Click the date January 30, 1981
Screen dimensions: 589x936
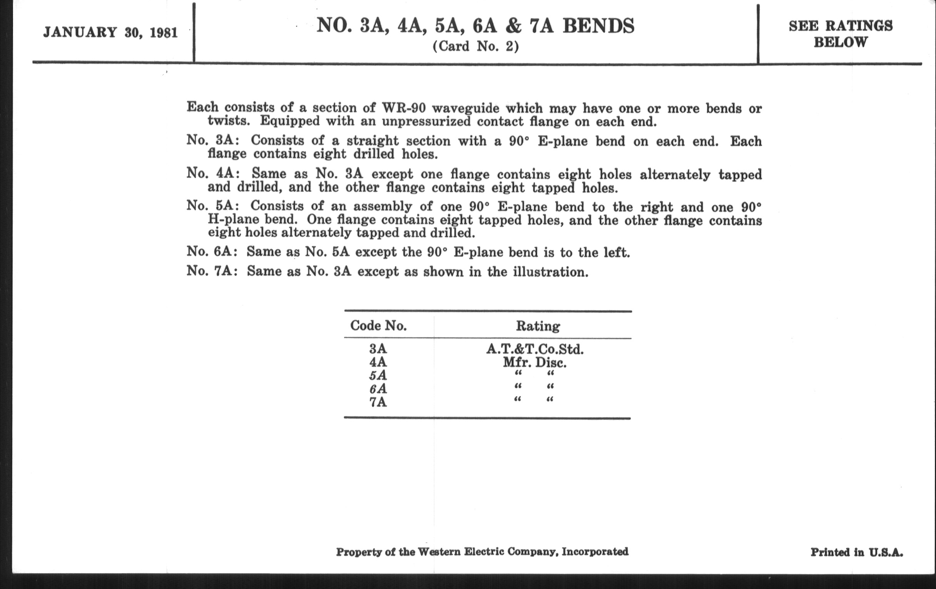coord(110,33)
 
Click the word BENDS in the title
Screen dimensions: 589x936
coord(598,27)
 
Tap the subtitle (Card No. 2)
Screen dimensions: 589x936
coord(475,47)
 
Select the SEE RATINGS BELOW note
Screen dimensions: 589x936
coord(841,34)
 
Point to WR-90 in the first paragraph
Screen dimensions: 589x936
coord(404,107)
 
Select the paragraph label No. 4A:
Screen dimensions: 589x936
coord(213,172)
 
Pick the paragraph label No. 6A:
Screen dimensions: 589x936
coord(212,251)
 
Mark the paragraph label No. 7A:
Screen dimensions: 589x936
coord(212,271)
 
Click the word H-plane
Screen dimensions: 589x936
coord(233,219)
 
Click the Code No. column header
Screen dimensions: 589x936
coord(378,325)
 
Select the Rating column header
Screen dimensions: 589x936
coord(538,326)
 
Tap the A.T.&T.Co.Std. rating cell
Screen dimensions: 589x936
coord(535,349)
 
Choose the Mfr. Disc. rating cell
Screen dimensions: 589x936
coord(535,363)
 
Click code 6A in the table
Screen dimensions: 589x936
coord(378,389)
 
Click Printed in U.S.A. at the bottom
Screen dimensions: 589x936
coord(856,552)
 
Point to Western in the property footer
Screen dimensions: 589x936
coord(438,552)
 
